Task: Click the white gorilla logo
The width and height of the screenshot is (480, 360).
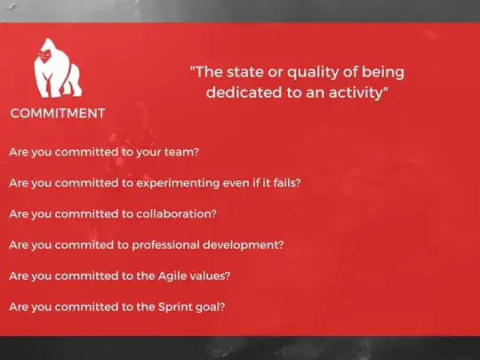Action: (56, 69)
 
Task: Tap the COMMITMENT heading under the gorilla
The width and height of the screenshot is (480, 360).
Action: (58, 113)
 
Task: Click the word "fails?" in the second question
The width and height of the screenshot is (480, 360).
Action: (284, 183)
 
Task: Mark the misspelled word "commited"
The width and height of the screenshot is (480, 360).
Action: (86, 244)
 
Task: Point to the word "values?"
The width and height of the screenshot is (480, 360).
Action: (212, 276)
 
